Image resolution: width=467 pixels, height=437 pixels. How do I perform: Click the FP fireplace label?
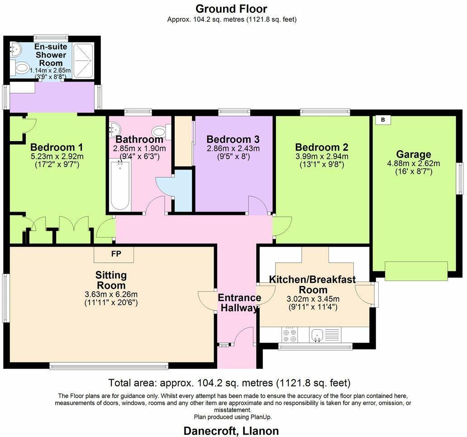coord(114,254)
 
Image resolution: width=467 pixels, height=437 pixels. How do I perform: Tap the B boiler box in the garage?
coord(383,120)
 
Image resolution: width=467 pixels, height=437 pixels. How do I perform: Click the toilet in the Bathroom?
coord(160,132)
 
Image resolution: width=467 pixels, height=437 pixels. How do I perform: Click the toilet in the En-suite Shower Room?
coord(20,68)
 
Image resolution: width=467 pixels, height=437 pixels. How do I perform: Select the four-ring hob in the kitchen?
coord(290,335)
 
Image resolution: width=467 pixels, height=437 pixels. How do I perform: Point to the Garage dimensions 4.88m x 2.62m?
coord(413,164)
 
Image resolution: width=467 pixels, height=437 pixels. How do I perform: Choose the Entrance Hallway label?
coord(239,303)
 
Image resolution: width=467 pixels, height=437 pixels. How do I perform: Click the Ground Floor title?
coord(231,9)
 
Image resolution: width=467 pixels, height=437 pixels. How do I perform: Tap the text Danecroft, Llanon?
coord(231,430)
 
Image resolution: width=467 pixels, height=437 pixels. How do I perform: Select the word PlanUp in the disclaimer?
coord(262,417)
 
